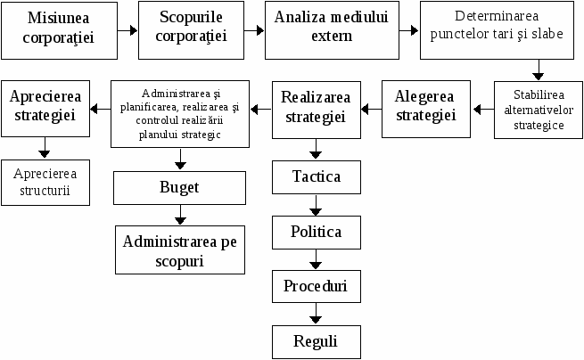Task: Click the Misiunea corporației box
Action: coord(59,30)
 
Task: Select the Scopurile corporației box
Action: coord(191,30)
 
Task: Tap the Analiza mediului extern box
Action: coord(332,30)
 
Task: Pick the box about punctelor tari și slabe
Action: coord(497,30)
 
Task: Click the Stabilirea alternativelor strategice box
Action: coord(539,110)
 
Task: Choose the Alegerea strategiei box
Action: coord(425,110)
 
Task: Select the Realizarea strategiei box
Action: coord(317,110)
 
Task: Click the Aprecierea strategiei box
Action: coord(45,109)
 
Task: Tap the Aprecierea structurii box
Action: coord(45,183)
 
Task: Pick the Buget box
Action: coord(179,188)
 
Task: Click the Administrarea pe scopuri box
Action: coord(180,250)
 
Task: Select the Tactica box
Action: coord(317,177)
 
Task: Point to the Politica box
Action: coord(317,233)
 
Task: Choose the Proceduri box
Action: coord(317,286)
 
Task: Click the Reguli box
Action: coord(317,342)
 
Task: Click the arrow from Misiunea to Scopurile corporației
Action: coord(127,30)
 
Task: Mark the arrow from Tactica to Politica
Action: coord(316,205)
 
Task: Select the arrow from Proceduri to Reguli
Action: coord(316,314)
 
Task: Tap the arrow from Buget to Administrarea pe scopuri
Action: coord(180,215)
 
